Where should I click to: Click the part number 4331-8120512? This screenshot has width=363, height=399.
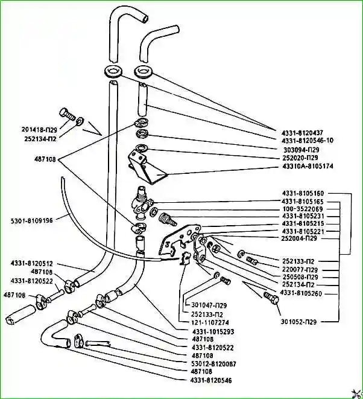[32, 263]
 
